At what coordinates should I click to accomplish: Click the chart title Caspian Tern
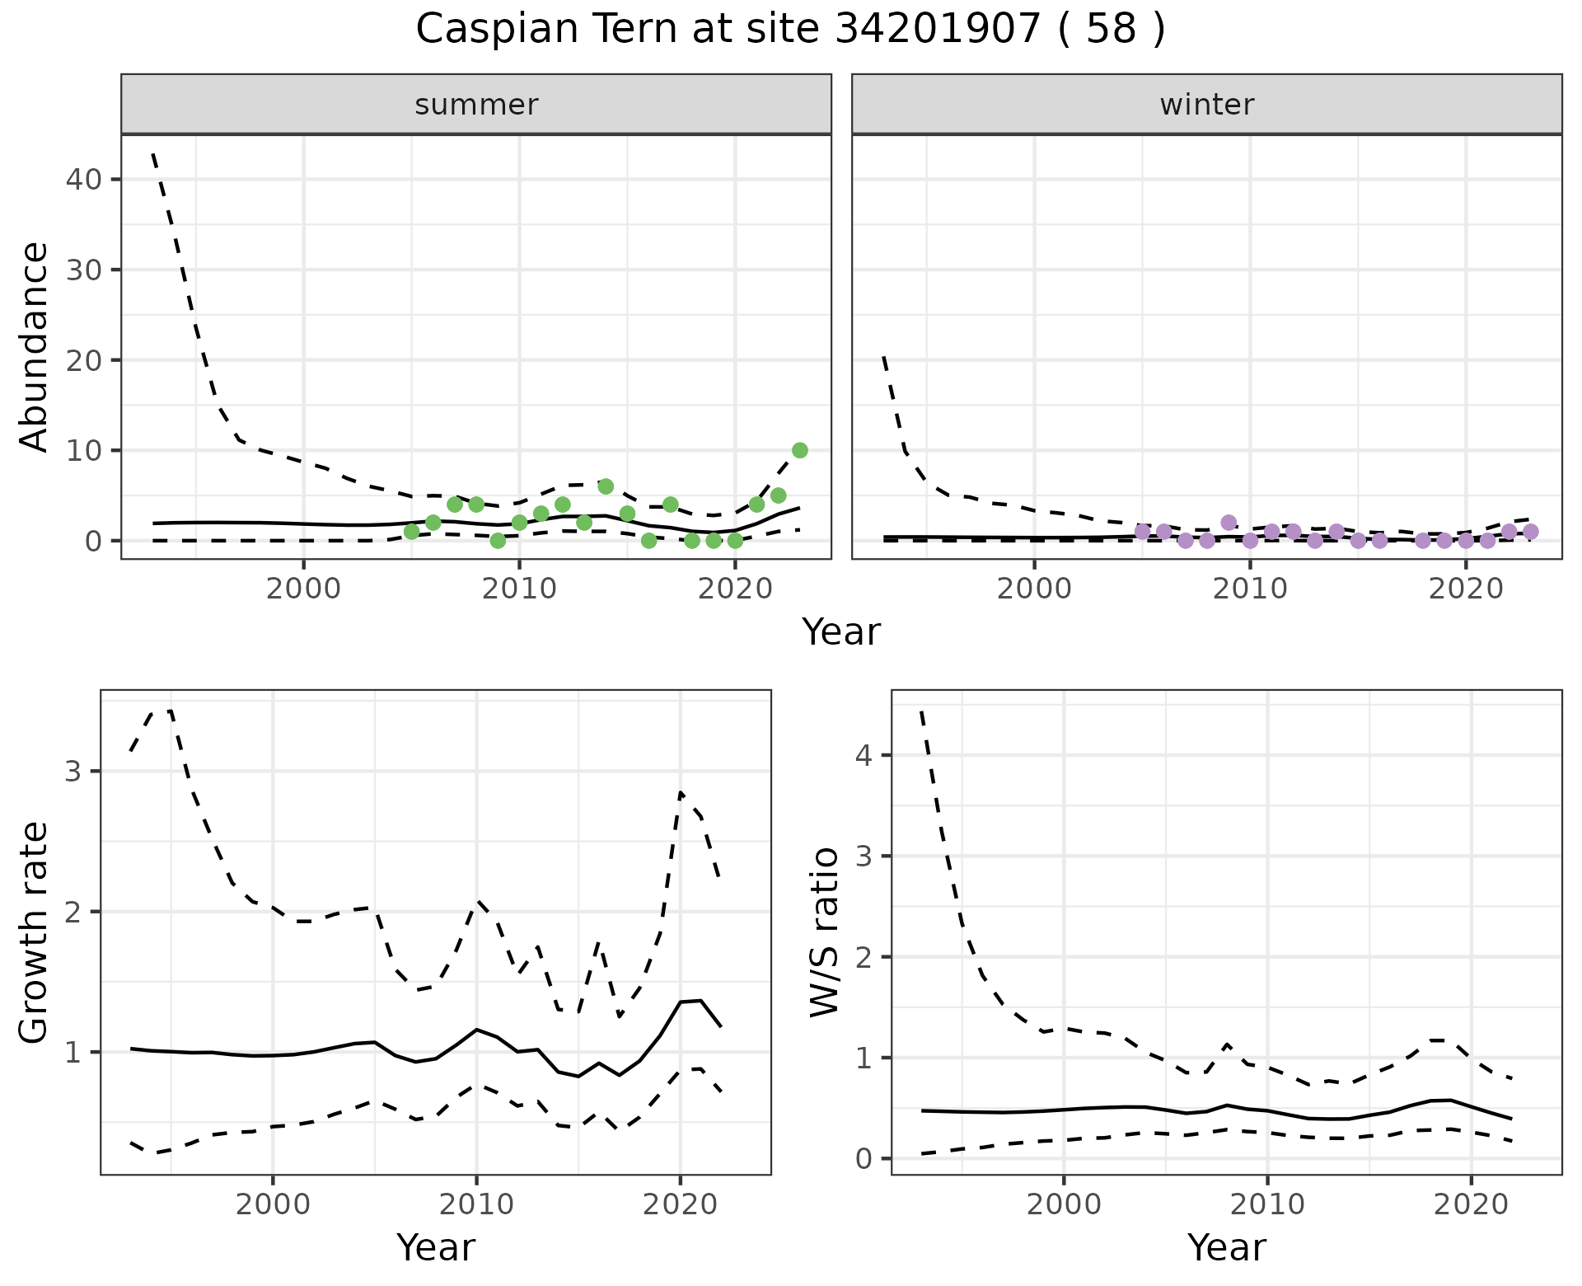(x=790, y=30)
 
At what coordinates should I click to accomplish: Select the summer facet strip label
(x=476, y=105)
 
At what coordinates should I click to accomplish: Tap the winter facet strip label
(x=1206, y=105)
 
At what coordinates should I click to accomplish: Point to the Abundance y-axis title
(x=34, y=346)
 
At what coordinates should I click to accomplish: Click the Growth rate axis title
(x=34, y=932)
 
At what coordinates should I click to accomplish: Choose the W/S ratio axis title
(x=825, y=932)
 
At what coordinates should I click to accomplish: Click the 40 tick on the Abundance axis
(x=82, y=180)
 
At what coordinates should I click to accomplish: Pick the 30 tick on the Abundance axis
(x=82, y=270)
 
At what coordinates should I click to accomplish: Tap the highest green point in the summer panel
(x=799, y=450)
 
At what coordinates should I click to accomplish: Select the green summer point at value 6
(x=606, y=486)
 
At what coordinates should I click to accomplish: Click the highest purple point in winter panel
(x=1229, y=523)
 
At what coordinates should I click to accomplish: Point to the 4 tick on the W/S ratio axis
(x=864, y=755)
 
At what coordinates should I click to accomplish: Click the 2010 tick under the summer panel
(x=519, y=589)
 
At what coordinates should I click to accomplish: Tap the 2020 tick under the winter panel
(x=1465, y=589)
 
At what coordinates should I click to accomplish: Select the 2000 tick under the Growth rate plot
(x=273, y=1204)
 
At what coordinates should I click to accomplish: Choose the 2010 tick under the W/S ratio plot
(x=1267, y=1204)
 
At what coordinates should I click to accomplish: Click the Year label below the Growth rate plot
(x=436, y=1247)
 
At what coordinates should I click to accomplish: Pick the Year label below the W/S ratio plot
(x=1226, y=1247)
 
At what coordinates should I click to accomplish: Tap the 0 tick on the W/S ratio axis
(x=864, y=1159)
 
